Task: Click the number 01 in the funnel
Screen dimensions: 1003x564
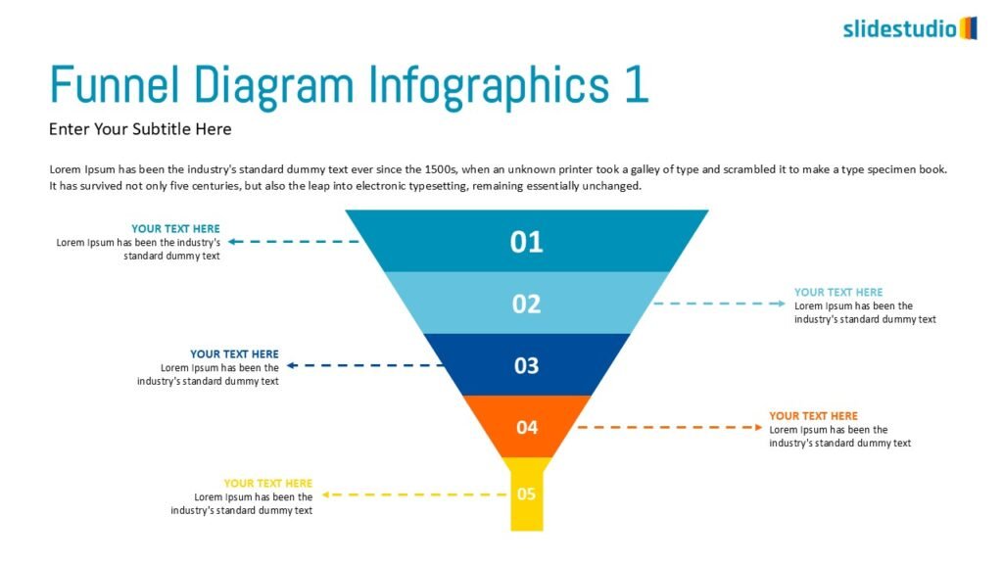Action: [526, 243]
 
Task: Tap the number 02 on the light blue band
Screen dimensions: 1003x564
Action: [526, 304]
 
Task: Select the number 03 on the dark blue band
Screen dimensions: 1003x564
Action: [526, 366]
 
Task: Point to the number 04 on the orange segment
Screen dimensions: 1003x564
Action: [527, 427]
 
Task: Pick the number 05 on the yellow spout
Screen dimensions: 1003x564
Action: [526, 493]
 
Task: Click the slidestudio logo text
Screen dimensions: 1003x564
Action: [899, 28]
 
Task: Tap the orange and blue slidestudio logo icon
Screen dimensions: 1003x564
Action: [969, 28]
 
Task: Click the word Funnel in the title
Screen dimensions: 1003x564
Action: [115, 84]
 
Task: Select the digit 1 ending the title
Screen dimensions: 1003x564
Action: [637, 84]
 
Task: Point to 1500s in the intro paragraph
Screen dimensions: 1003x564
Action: [440, 169]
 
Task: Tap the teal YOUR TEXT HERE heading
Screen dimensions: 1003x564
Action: [175, 228]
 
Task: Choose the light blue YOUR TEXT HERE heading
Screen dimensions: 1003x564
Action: [838, 292]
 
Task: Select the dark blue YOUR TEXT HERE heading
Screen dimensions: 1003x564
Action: [234, 353]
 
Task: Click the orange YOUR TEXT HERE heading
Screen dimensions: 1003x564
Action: [813, 415]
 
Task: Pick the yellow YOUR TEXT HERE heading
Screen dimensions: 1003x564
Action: [268, 483]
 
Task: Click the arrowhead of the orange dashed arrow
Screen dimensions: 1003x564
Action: [759, 427]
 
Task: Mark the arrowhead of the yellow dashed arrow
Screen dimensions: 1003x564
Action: [325, 494]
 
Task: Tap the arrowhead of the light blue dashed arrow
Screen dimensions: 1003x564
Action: [782, 304]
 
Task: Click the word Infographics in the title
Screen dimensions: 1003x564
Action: [489, 86]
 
